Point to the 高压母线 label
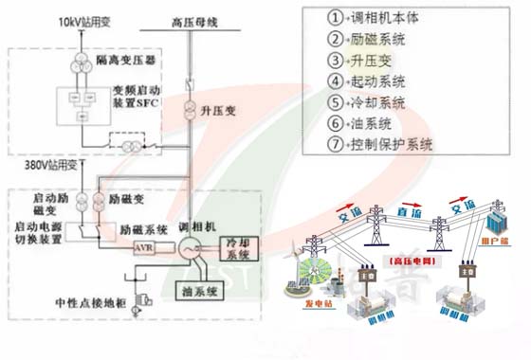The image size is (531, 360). [x=192, y=20]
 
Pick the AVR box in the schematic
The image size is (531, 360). [x=145, y=247]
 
